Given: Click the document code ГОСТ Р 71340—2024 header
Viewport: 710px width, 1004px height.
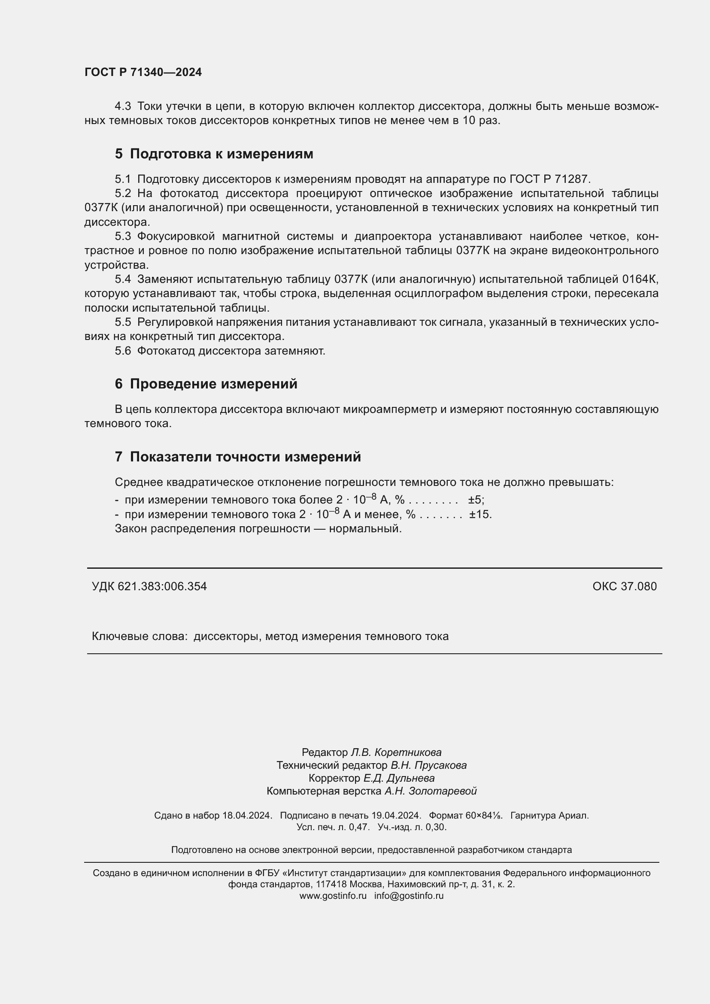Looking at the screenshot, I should [x=143, y=72].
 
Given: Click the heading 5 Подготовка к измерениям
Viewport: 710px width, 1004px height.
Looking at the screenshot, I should [x=214, y=154].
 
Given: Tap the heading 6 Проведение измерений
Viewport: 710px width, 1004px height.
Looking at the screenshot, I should [x=206, y=384].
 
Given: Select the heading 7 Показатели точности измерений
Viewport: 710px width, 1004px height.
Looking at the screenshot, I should [x=238, y=457].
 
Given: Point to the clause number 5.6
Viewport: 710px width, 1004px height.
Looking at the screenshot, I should [x=123, y=351].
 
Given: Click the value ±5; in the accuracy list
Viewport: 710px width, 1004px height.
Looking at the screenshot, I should [x=476, y=500].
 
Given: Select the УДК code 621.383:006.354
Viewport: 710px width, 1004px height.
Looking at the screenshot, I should [x=162, y=586].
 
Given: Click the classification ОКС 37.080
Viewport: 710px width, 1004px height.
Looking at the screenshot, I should [x=624, y=586].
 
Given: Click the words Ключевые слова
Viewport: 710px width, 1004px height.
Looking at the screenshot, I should [x=140, y=636].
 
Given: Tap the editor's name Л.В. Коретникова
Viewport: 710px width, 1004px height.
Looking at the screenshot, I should [x=396, y=752].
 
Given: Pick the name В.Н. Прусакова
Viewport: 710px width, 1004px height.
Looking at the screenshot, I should [x=428, y=765].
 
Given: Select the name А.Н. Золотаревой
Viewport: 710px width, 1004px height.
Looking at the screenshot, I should [x=430, y=791].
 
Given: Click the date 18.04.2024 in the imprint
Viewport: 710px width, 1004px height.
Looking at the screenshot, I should [x=247, y=816].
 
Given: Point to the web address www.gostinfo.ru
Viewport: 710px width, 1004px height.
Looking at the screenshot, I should [x=333, y=895].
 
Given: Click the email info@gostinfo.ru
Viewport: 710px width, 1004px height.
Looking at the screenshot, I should [x=409, y=895].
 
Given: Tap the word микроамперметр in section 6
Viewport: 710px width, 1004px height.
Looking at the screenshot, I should [x=390, y=409].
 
